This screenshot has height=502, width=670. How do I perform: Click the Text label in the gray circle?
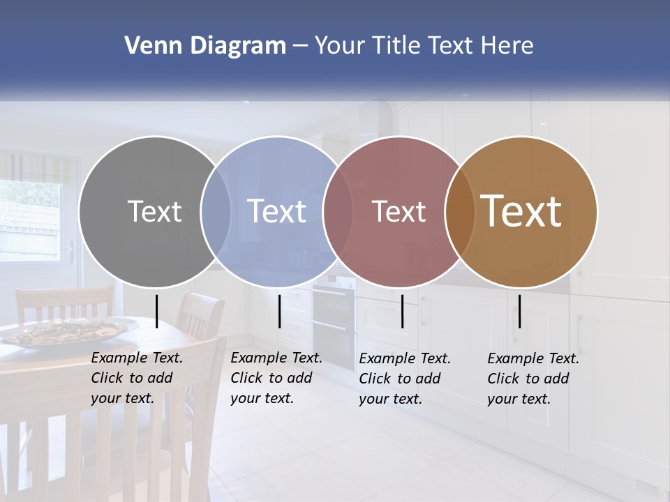(154, 211)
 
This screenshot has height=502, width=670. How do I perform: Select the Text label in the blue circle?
(276, 211)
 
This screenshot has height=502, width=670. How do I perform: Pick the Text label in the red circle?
(399, 211)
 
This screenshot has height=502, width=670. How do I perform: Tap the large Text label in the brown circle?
(521, 211)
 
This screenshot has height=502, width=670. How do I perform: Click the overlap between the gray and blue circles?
(216, 212)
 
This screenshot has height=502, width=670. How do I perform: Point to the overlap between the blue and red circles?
(338, 212)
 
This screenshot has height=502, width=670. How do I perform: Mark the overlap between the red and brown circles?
(459, 212)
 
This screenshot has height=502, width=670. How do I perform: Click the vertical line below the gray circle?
(156, 311)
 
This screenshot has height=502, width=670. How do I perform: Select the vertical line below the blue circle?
(279, 311)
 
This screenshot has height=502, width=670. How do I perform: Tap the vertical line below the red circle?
(402, 311)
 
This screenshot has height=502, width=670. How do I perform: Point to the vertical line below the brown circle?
(519, 311)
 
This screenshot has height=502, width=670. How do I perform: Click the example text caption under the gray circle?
(137, 379)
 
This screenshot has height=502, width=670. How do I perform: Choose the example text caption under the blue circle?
(276, 379)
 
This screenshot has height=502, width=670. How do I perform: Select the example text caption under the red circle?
(405, 379)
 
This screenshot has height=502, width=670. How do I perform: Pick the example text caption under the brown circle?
(533, 379)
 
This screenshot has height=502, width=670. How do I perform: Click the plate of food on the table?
(70, 331)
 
